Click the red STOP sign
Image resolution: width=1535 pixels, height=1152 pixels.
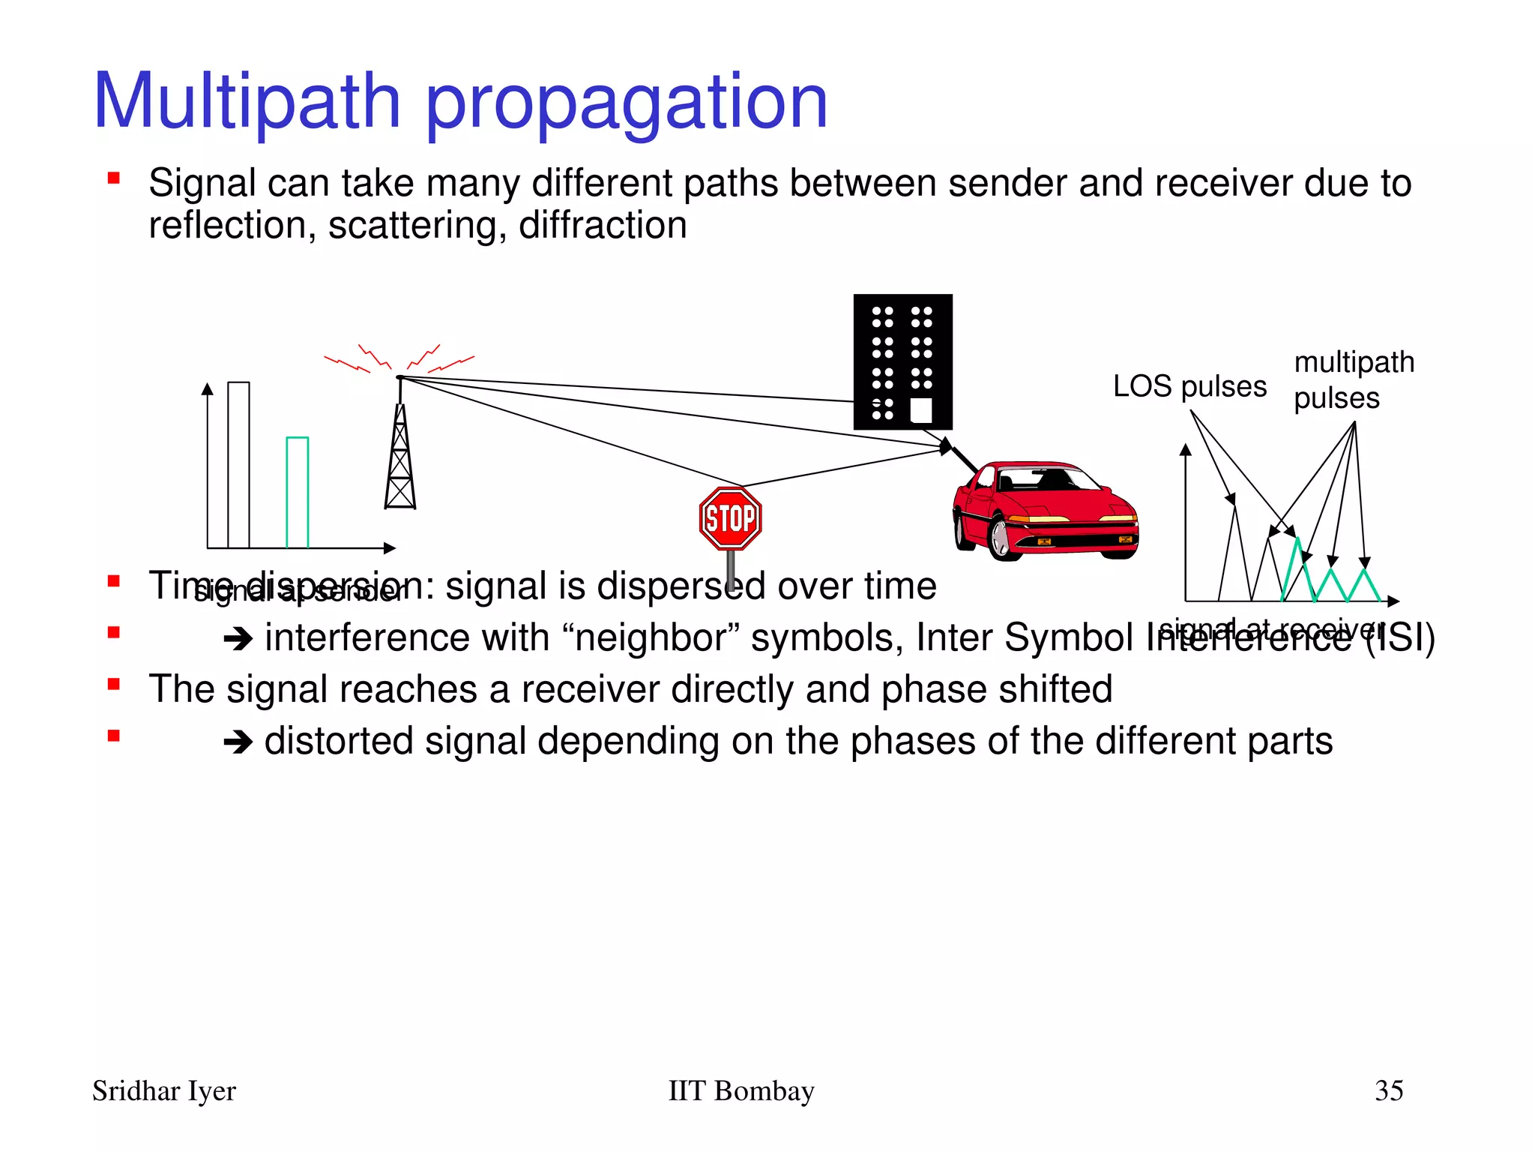[730, 518]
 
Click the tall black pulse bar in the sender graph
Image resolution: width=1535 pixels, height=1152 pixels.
[238, 465]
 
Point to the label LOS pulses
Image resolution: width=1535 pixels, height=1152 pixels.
[1189, 387]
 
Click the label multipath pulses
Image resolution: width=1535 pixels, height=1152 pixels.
[1353, 379]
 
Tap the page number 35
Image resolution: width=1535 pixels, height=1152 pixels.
[1388, 1090]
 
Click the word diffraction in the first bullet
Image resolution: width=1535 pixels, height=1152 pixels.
[603, 226]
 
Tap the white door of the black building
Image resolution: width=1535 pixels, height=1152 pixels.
[920, 410]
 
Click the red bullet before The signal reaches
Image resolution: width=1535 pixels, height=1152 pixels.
[114, 684]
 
